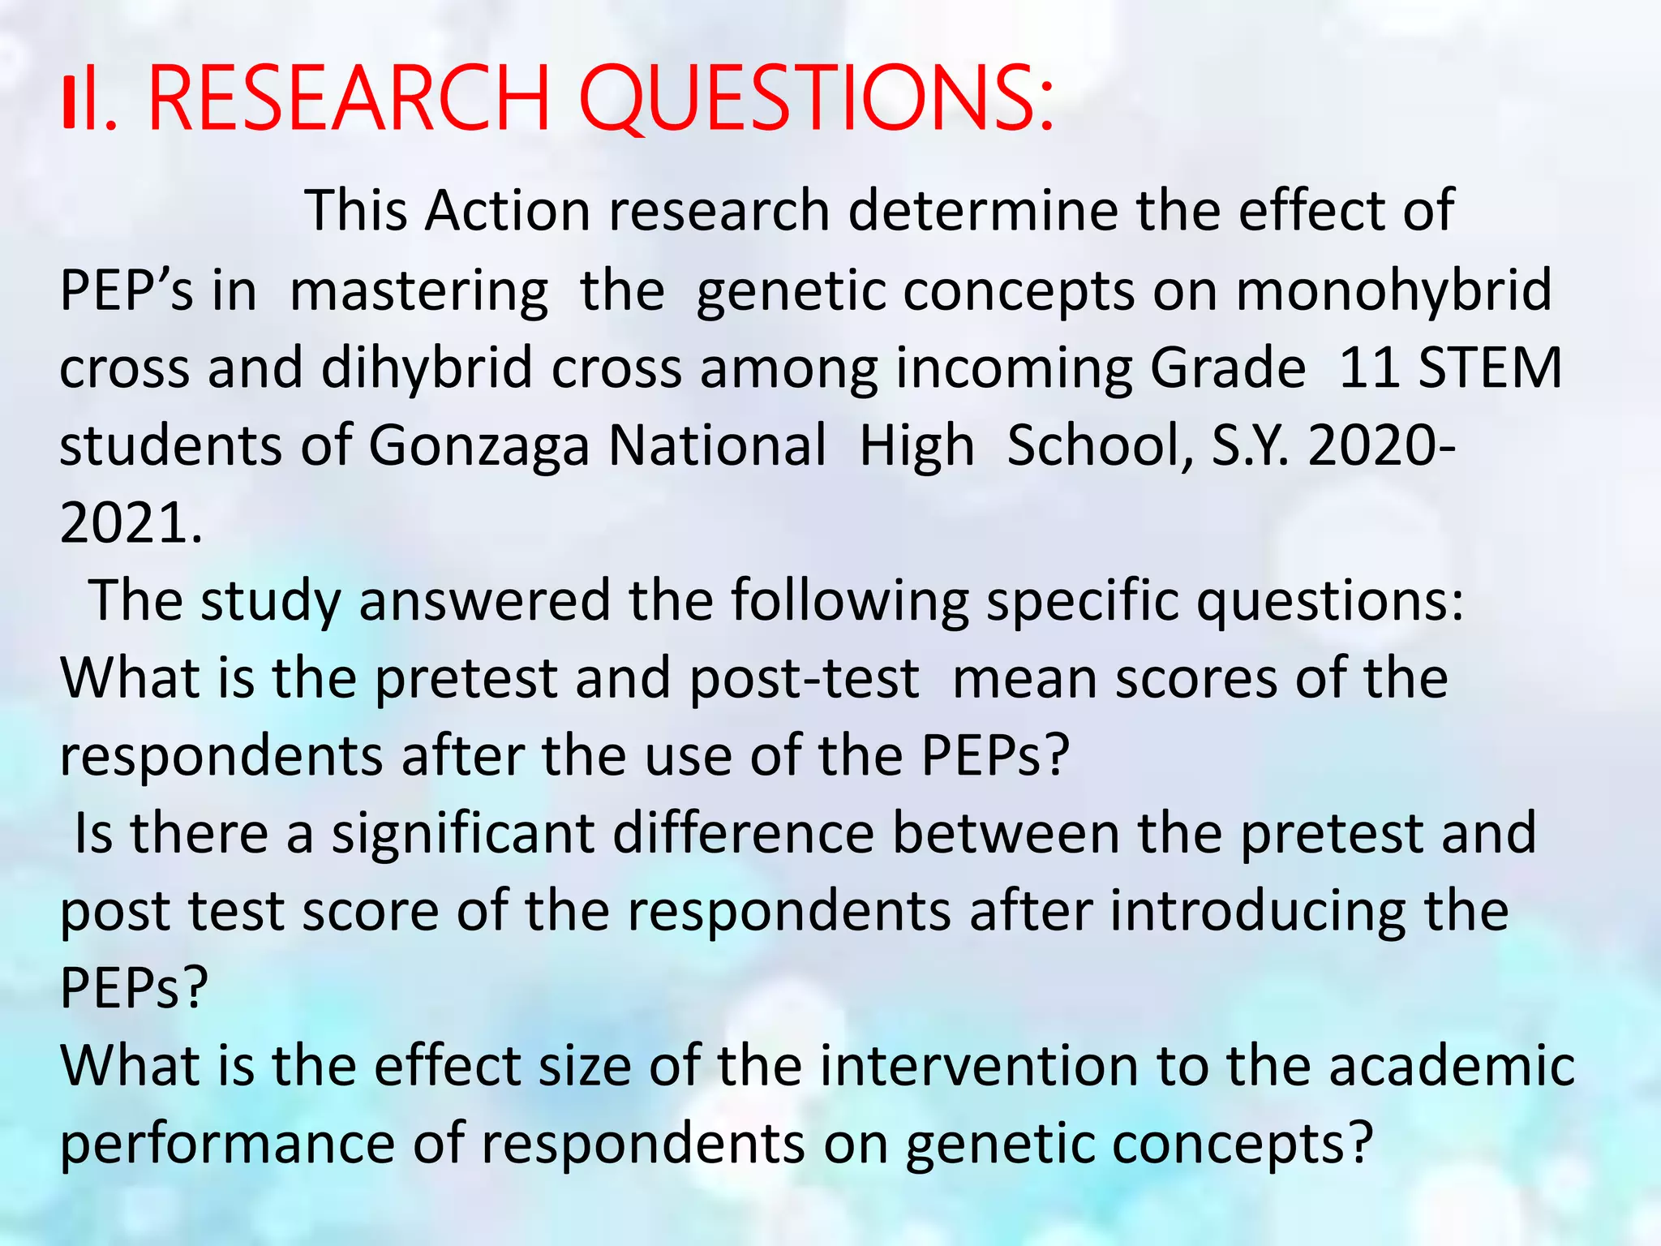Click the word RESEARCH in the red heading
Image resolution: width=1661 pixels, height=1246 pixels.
pos(350,99)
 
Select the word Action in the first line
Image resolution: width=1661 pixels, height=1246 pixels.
pos(508,211)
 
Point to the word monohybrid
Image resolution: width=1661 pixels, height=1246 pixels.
pos(1393,290)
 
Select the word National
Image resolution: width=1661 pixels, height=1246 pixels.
pos(718,445)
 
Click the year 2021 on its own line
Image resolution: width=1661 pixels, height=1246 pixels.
pos(130,523)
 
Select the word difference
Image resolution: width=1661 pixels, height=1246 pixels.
pos(743,833)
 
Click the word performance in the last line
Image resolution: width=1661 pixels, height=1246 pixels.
pos(227,1145)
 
